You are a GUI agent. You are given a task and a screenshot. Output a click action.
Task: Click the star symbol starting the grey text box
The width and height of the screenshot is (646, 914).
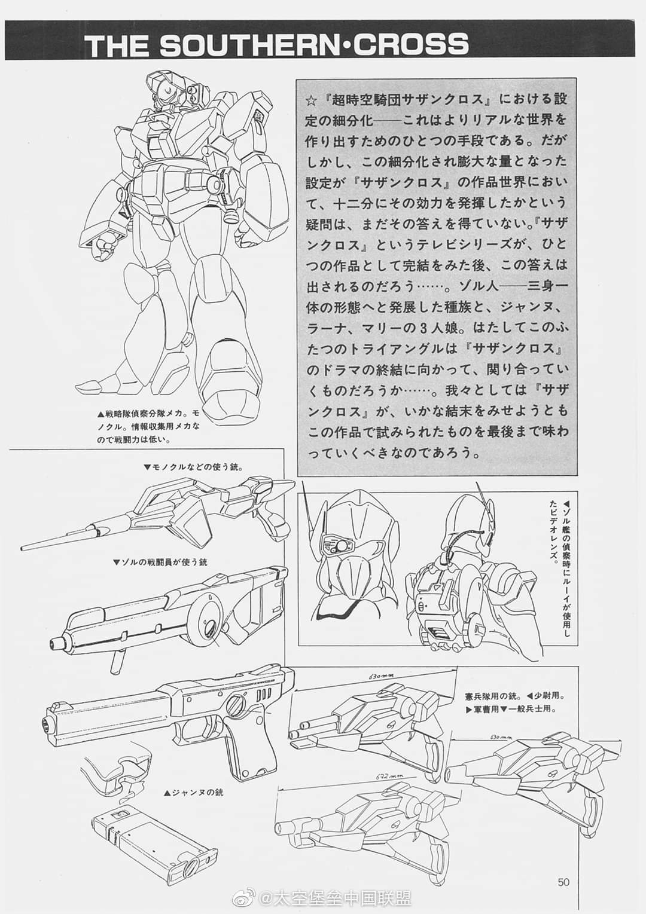311,100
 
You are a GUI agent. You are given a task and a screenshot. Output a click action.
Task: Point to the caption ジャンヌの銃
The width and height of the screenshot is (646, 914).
193,793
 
